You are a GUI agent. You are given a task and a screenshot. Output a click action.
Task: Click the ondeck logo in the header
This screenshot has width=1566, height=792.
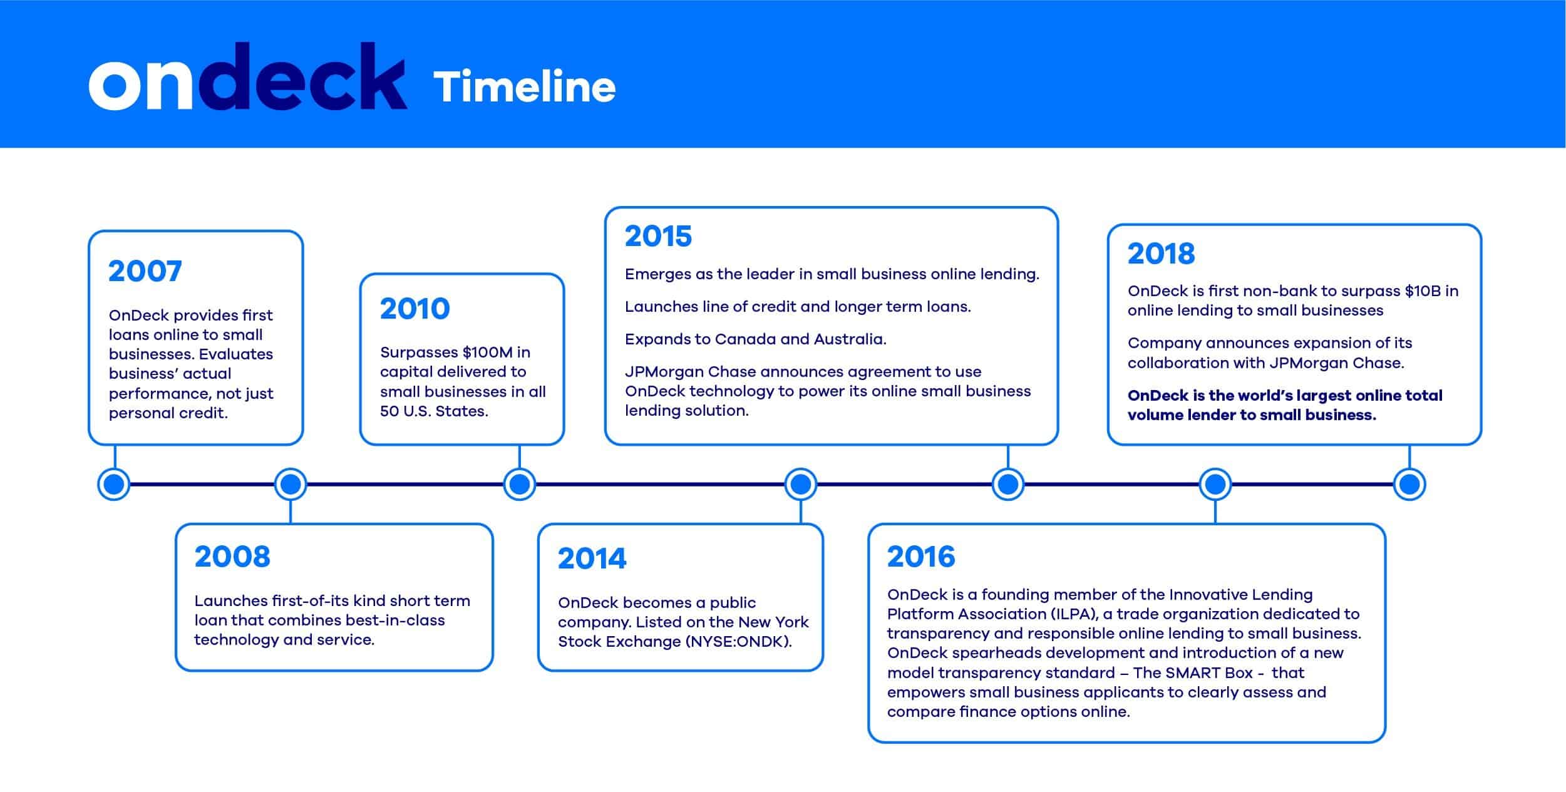pyautogui.click(x=248, y=76)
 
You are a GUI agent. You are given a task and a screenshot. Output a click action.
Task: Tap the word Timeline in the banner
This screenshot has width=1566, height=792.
pyautogui.click(x=525, y=86)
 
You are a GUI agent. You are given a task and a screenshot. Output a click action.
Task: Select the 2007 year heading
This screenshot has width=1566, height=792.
pyautogui.click(x=145, y=271)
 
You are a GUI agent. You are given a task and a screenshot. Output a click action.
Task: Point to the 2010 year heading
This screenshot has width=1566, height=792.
pyautogui.click(x=415, y=309)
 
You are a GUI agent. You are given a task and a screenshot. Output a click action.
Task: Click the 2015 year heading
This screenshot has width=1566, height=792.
pyautogui.click(x=658, y=237)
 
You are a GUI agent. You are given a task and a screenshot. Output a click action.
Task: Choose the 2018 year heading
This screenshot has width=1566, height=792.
pyautogui.click(x=1162, y=254)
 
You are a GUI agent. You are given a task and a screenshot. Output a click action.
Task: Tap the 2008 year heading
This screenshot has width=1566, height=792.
pyautogui.click(x=232, y=557)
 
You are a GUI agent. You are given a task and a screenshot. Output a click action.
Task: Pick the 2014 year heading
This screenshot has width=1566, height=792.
pyautogui.click(x=592, y=558)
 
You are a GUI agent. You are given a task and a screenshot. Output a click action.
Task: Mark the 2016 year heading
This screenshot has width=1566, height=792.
pyautogui.click(x=921, y=557)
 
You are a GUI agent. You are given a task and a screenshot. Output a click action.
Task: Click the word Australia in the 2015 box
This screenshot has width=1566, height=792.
pyautogui.click(x=850, y=339)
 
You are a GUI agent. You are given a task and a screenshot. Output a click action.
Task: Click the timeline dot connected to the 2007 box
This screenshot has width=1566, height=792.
pyautogui.click(x=114, y=484)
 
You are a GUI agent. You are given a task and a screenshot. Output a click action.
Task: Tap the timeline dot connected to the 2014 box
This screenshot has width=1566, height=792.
pyautogui.click(x=801, y=484)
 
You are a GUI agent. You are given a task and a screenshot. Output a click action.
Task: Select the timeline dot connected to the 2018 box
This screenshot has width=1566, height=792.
pyautogui.click(x=1409, y=484)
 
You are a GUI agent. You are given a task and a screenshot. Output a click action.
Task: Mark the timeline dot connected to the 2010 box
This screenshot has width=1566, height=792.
pyautogui.click(x=520, y=484)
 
